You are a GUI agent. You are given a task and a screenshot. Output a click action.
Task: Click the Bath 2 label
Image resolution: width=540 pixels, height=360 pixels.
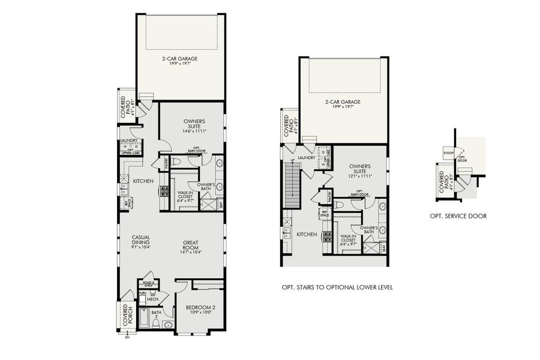click(156, 313)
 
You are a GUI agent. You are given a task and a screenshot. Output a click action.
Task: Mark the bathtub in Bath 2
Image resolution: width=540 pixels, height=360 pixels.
click(144, 317)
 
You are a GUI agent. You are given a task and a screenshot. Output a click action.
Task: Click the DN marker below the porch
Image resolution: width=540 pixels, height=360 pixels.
click(127, 337)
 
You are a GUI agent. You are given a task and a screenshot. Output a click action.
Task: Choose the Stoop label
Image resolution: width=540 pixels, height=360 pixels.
click(448, 154)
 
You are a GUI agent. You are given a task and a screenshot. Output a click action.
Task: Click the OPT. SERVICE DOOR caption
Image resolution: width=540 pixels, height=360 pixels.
click(458, 217)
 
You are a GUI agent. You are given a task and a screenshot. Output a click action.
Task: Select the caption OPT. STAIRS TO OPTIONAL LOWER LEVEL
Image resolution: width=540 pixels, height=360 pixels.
click(337, 287)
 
